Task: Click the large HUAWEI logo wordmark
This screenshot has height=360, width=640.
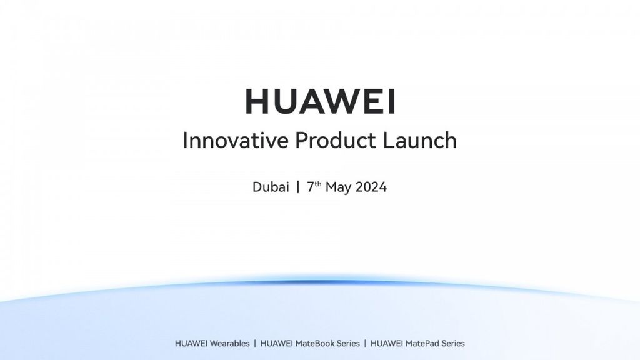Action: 320,101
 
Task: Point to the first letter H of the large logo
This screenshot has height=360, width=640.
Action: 258,101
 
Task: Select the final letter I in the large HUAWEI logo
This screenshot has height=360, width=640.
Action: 391,101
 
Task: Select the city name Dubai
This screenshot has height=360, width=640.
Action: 271,187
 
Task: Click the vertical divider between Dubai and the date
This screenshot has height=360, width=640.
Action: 298,187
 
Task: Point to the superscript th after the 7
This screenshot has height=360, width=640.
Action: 318,184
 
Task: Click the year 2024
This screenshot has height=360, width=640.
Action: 371,187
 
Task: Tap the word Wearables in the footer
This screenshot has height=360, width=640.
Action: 229,343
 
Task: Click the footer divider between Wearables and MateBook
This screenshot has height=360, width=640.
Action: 255,343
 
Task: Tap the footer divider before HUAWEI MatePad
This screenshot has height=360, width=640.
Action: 366,343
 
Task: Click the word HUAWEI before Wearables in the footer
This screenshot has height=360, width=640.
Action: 191,343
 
